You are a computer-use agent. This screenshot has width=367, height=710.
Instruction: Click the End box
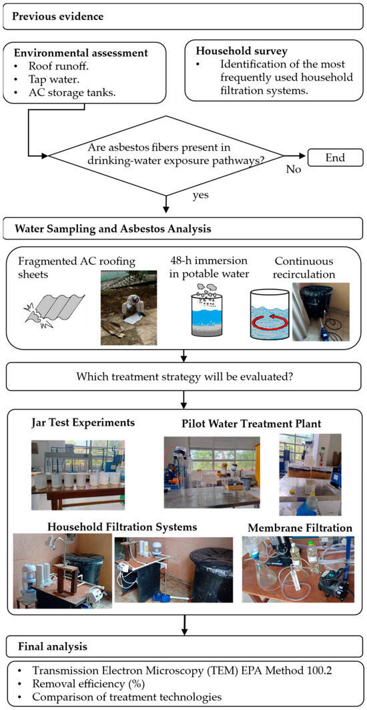336,157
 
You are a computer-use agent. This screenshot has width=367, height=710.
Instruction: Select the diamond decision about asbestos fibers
167,155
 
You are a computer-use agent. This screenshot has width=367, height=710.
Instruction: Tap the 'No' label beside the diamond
294,169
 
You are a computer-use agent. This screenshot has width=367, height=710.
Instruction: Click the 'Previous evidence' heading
58,17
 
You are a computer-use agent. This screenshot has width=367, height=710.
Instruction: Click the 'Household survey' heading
232,53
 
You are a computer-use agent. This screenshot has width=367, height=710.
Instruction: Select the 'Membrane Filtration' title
300,528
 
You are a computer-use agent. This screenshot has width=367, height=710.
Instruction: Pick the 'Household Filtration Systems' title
122,527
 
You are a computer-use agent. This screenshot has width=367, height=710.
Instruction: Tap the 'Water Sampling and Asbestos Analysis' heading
113,228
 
